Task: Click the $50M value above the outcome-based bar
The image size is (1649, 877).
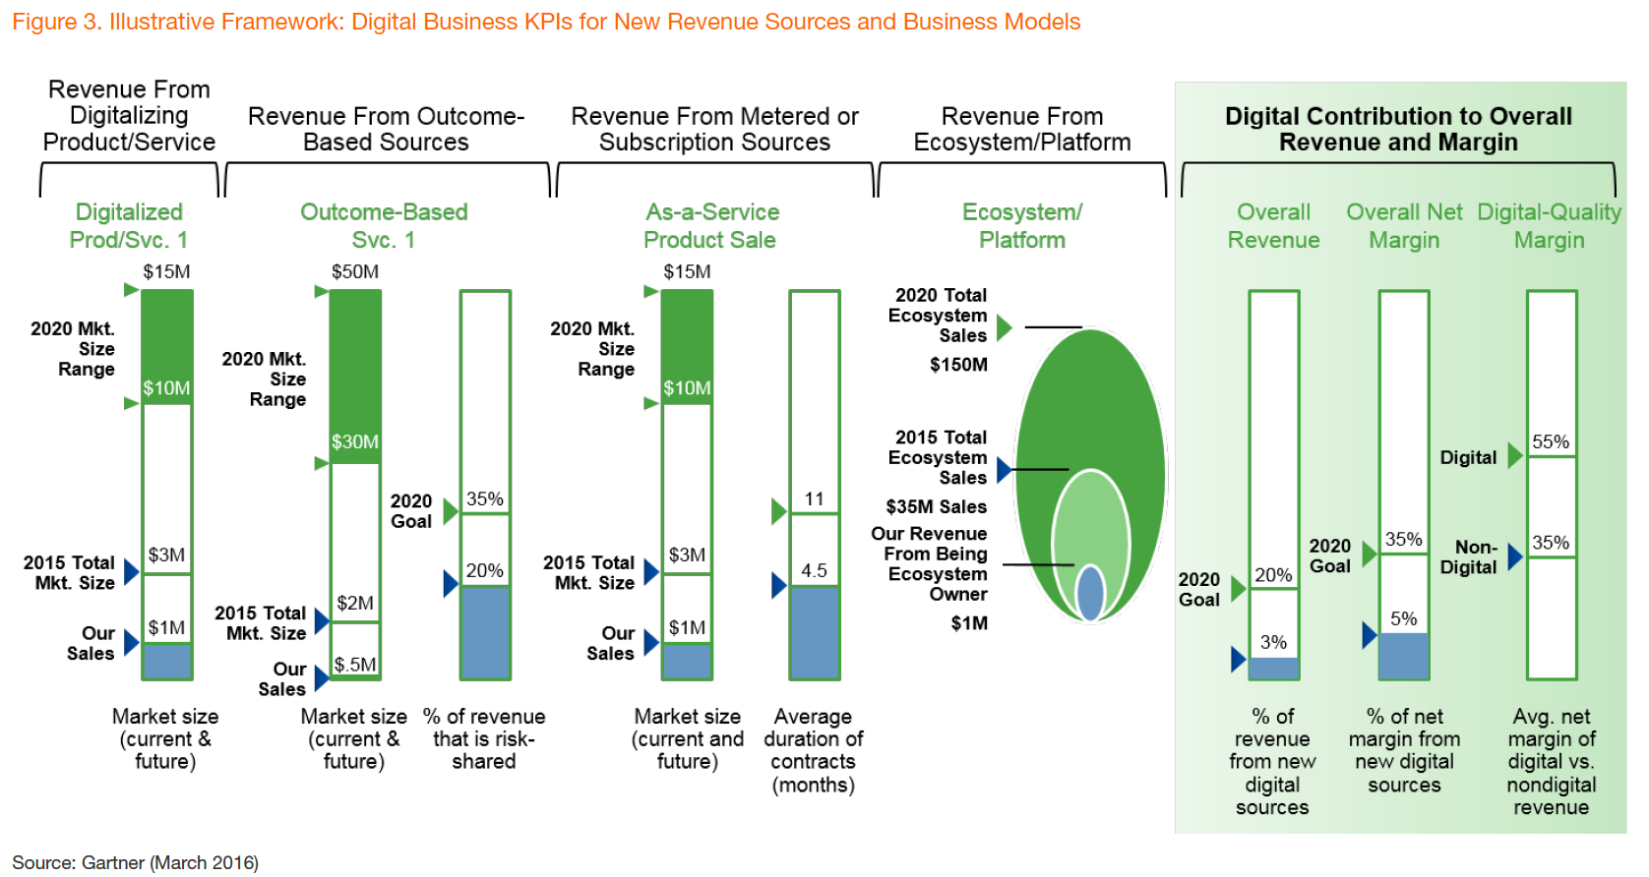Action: point(355,272)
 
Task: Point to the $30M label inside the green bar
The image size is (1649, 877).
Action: point(355,441)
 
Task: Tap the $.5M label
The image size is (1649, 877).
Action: point(355,665)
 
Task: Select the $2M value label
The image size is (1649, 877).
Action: point(355,604)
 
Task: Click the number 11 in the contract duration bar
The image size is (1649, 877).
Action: point(814,498)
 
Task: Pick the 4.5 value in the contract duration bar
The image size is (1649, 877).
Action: point(814,570)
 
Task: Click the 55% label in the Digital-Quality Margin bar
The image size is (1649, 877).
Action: point(1551,441)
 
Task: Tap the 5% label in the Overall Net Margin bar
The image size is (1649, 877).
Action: point(1403,618)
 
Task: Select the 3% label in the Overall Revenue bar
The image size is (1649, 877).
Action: point(1273,642)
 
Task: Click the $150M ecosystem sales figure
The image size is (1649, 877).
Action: point(957,365)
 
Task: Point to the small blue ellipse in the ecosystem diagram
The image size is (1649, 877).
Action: point(1090,592)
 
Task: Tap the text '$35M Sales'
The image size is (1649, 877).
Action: point(936,507)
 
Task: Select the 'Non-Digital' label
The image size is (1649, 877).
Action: point(1469,556)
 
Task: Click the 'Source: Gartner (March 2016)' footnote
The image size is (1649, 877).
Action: point(136,862)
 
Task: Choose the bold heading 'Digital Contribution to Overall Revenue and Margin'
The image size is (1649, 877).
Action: point(1398,129)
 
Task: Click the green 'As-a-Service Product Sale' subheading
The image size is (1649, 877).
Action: point(711,226)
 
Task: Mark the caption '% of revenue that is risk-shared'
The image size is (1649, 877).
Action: point(484,738)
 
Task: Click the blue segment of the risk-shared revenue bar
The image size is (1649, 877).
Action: point(485,632)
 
